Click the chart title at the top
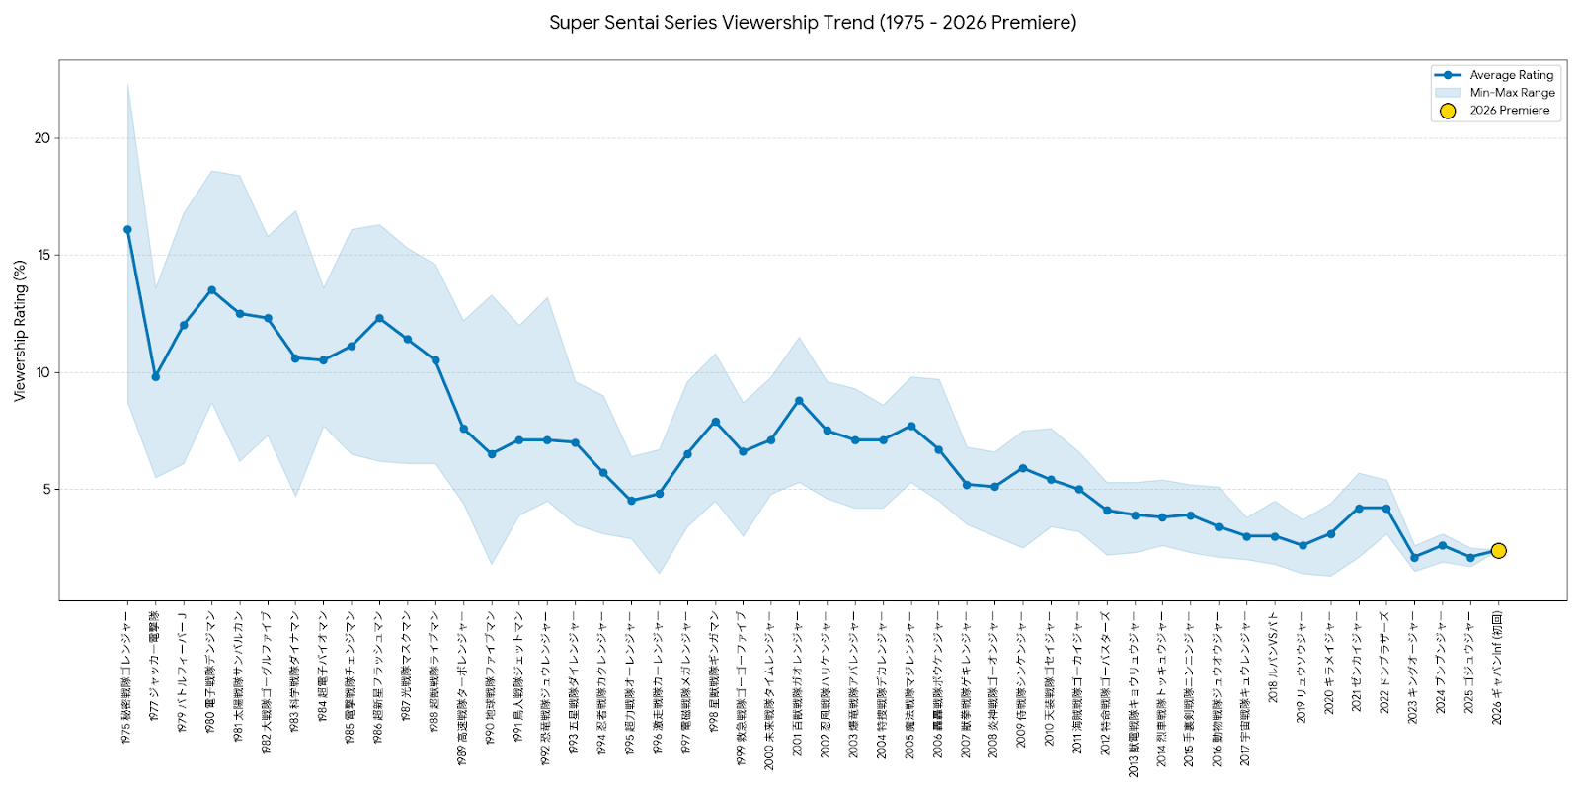point(813,22)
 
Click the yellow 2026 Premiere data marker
point(1498,551)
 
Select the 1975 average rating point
point(127,230)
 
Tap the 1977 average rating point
point(155,377)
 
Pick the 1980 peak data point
point(211,290)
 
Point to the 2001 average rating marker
point(799,401)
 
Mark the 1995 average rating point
point(631,501)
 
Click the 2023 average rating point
point(1414,558)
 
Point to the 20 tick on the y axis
point(41,138)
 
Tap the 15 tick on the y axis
point(41,255)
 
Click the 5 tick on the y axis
point(45,490)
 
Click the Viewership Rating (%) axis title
point(19,330)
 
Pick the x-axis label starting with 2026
point(1497,668)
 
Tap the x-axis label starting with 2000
point(769,689)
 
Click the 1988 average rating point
point(435,360)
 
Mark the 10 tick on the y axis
point(41,372)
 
